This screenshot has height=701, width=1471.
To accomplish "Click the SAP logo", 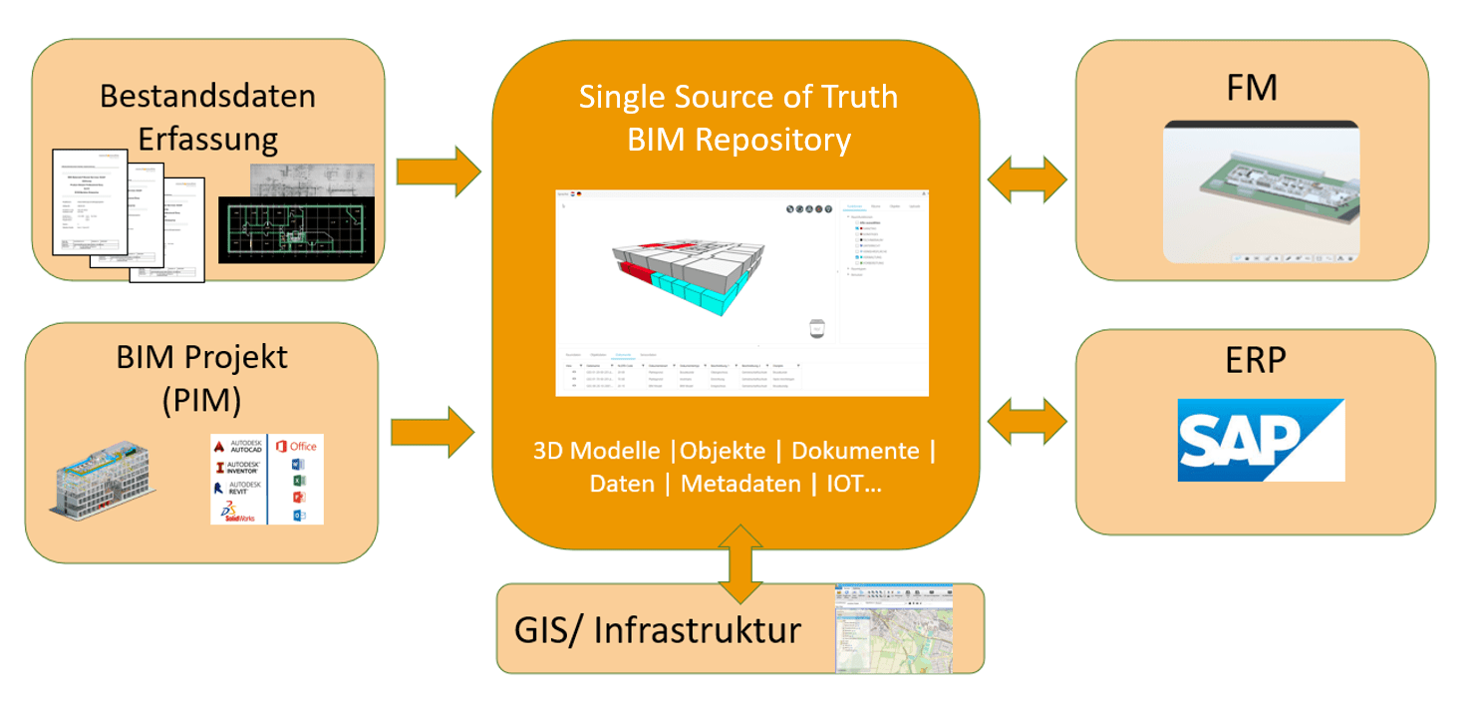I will pyautogui.click(x=1261, y=440).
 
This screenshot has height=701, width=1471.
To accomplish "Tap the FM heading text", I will pyautogui.click(x=1252, y=89).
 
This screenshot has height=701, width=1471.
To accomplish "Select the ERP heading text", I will pyautogui.click(x=1255, y=360).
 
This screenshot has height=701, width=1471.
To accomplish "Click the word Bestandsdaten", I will pyautogui.click(x=207, y=97).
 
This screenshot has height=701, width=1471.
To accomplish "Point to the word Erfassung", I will pyautogui.click(x=207, y=139).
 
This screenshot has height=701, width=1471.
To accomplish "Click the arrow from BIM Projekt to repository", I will pyautogui.click(x=433, y=432).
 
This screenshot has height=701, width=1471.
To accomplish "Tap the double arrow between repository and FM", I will pyautogui.click(x=1027, y=180).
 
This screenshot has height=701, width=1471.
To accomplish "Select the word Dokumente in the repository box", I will pyautogui.click(x=855, y=451).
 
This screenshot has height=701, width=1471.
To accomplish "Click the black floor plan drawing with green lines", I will pyautogui.click(x=296, y=229).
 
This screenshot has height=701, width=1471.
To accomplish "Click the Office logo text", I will pyautogui.click(x=303, y=446).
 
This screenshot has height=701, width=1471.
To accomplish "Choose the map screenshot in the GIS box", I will pyautogui.click(x=893, y=628).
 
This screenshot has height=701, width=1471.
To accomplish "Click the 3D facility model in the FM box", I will pyautogui.click(x=1260, y=189).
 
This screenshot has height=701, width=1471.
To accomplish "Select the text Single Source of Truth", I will pyautogui.click(x=738, y=97).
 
